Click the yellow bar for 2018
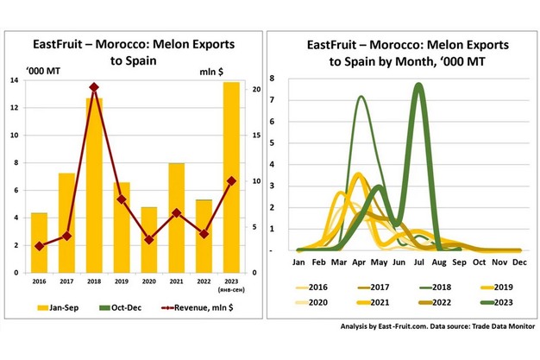(94, 185)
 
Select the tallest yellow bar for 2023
(231, 177)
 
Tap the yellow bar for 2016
(39, 243)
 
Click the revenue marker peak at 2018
(94, 87)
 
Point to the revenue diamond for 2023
(231, 180)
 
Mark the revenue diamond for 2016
(39, 246)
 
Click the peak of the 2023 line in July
(418, 85)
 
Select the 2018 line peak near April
(361, 98)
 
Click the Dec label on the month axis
(520, 261)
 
